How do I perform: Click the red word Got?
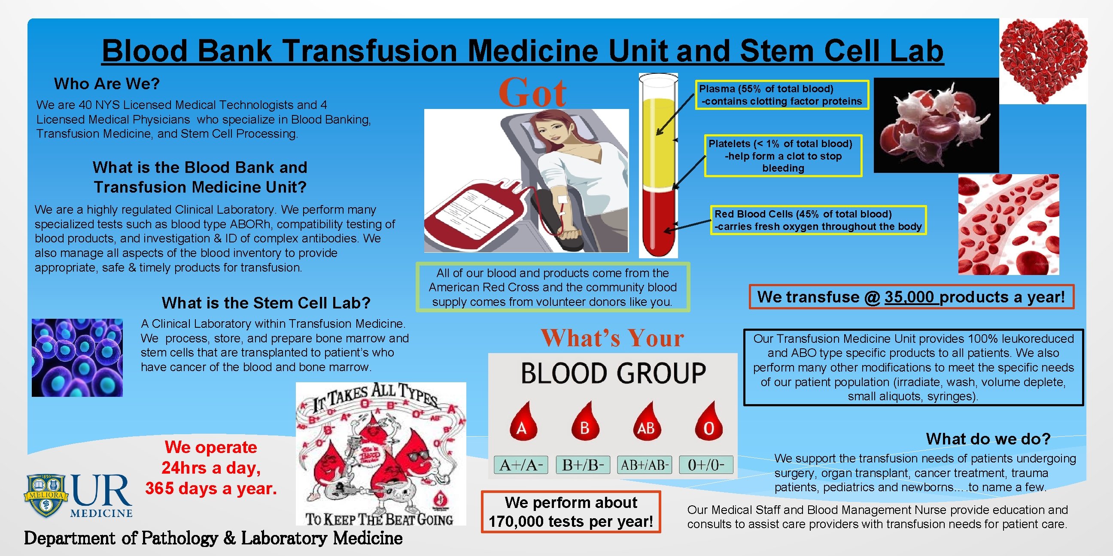click(532, 92)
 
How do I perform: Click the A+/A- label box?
click(520, 465)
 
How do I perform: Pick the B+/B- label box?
click(583, 465)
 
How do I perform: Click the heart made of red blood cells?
click(1043, 60)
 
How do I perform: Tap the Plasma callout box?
click(781, 95)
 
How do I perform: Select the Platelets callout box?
click(783, 156)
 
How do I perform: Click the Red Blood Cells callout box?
click(818, 220)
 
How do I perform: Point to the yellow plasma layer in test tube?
click(658, 142)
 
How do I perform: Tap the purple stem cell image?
click(77, 357)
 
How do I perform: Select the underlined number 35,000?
click(909, 297)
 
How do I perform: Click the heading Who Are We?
click(107, 84)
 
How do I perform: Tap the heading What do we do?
click(988, 439)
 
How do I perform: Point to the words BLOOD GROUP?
click(613, 373)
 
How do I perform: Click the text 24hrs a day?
click(211, 468)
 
